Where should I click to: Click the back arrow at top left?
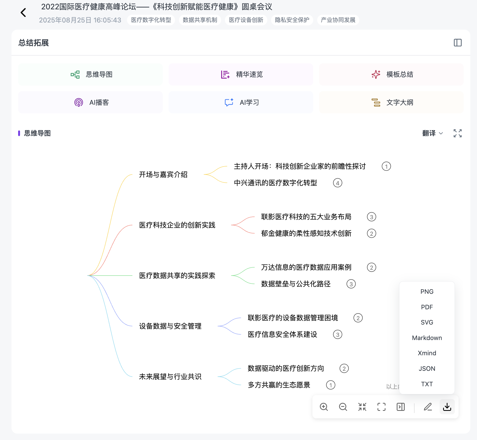click(23, 12)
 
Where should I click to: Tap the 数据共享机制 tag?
click(200, 20)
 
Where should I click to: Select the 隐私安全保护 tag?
click(292, 20)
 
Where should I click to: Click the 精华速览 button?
click(241, 75)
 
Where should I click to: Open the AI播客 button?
click(90, 102)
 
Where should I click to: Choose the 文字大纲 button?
click(391, 102)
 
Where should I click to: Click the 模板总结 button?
click(391, 75)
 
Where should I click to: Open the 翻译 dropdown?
click(432, 133)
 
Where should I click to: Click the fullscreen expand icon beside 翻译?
click(458, 133)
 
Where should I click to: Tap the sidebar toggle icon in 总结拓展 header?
click(458, 43)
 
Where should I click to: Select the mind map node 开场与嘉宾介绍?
click(163, 175)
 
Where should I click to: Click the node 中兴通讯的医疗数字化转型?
click(275, 183)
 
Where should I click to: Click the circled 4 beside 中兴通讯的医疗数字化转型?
click(337, 183)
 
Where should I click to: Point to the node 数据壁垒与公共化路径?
click(296, 284)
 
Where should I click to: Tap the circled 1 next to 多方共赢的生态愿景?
click(331, 385)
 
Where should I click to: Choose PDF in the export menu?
click(427, 307)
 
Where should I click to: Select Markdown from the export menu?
click(427, 338)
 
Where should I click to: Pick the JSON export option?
click(427, 369)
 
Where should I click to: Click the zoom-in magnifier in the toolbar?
click(324, 407)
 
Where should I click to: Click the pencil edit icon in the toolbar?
click(428, 407)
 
